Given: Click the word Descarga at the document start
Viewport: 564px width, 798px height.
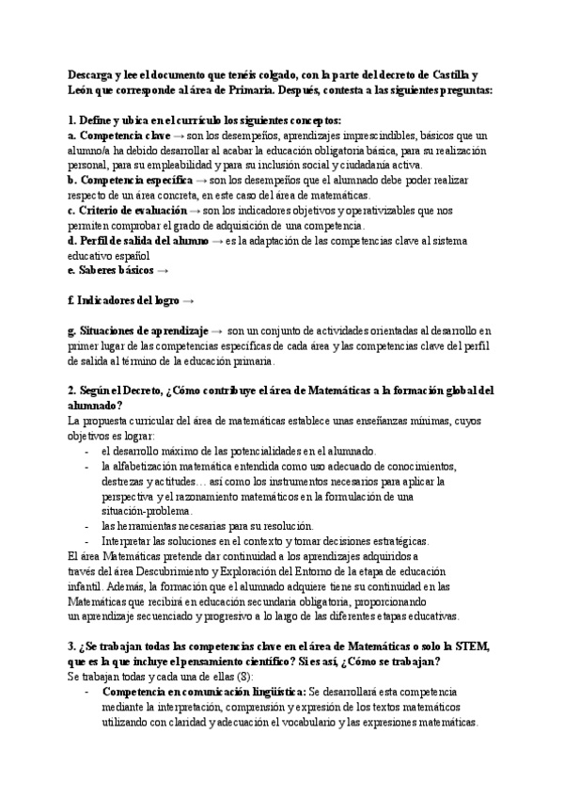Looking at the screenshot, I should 92,74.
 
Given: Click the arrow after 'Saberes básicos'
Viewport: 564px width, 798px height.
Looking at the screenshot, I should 164,270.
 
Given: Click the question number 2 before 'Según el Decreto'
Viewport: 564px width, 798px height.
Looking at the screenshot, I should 72,390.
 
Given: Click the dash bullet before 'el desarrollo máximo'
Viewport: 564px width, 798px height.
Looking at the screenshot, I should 86,451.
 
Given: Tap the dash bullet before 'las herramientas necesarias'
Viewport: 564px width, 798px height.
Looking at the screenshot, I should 86,526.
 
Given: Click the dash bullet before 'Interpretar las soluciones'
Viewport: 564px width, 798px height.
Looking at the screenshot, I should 86,541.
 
